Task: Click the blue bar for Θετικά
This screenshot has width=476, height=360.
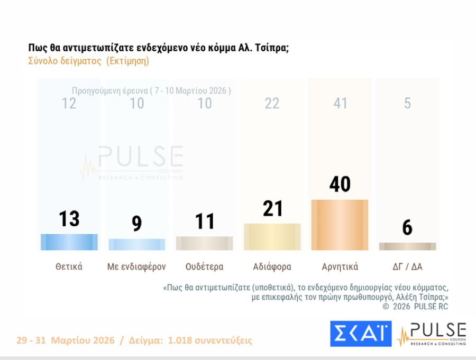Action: coord(69,242)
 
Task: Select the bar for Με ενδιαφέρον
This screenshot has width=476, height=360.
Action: coord(137,244)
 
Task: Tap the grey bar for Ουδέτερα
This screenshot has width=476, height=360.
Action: coord(205,243)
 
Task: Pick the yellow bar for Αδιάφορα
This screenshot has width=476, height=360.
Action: coord(272,237)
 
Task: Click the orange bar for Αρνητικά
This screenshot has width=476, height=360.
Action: coord(340,225)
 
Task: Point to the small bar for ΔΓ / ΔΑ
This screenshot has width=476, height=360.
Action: coord(407,246)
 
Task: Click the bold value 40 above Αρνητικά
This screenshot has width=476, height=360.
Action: coord(340,184)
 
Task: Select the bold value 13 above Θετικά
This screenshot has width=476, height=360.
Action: coord(69,218)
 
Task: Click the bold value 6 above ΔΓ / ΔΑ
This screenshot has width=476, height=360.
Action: coord(407,227)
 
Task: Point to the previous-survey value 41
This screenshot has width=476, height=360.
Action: coord(340,103)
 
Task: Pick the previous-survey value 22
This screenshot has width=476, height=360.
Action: coord(272,103)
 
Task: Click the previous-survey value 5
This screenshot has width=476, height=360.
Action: coord(407,103)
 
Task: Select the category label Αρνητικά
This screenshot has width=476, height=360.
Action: coord(340,266)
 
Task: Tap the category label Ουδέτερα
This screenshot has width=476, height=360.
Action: coord(205,266)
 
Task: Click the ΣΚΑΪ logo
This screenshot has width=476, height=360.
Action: coord(360,334)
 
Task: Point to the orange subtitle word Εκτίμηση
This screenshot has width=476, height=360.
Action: coord(127,61)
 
